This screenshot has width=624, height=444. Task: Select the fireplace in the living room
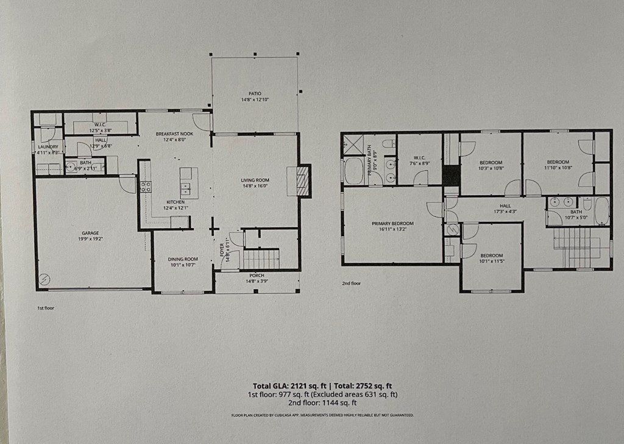click(303, 181)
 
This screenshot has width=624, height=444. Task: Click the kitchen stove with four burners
click(145, 187)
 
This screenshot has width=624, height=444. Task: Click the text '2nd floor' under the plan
click(352, 284)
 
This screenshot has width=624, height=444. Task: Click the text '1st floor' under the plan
click(45, 308)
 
